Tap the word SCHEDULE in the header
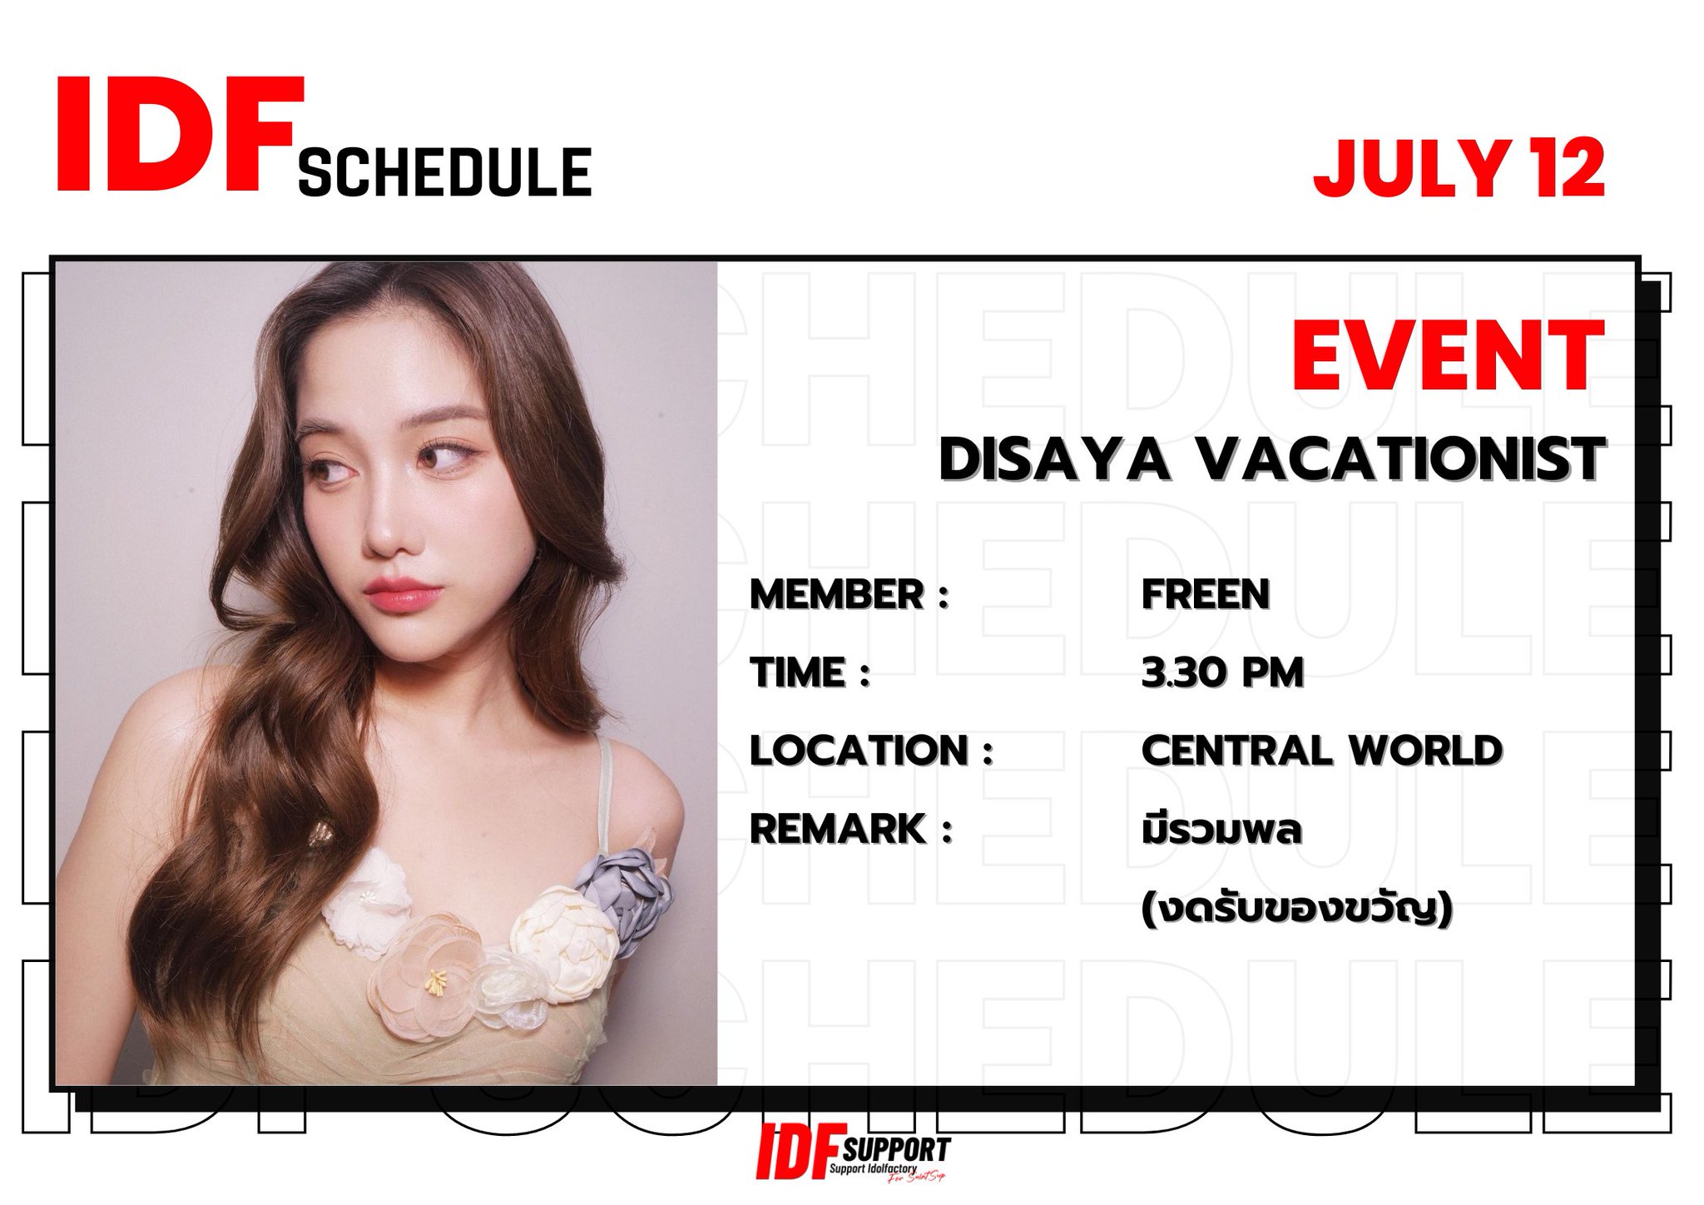[x=444, y=173]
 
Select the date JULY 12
[x=1458, y=169]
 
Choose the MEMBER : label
[x=849, y=595]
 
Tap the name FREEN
[x=1205, y=595]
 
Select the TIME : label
[x=809, y=672]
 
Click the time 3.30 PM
[x=1221, y=672]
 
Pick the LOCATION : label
[x=871, y=751]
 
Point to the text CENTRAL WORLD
[x=1321, y=751]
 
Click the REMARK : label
[x=850, y=829]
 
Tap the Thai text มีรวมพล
[x=1221, y=831]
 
